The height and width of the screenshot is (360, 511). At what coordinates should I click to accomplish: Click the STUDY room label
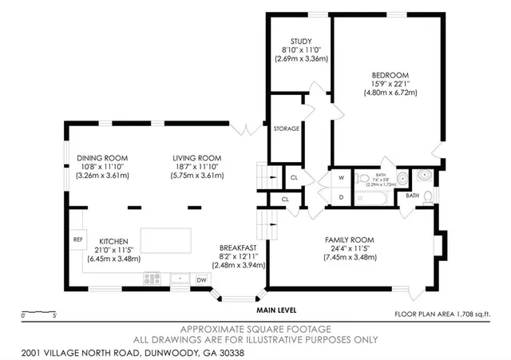[300, 42]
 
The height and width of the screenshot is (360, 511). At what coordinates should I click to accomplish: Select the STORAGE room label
[287, 129]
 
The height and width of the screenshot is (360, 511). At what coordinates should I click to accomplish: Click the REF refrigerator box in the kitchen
[77, 239]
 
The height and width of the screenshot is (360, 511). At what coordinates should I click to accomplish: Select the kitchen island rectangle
[167, 239]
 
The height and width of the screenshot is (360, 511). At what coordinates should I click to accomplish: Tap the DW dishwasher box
[201, 279]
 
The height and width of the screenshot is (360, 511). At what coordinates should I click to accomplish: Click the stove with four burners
[153, 279]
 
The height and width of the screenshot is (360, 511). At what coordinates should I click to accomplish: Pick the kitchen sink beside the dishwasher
[178, 279]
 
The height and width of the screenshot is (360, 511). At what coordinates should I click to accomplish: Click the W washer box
[340, 178]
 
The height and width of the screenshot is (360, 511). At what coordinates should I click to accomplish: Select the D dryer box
[340, 196]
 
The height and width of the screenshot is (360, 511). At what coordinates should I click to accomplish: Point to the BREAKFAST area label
[239, 247]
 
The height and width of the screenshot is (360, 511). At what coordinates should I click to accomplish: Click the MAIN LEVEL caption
[275, 310]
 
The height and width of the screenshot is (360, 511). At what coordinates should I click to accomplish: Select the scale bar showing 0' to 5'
[38, 313]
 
